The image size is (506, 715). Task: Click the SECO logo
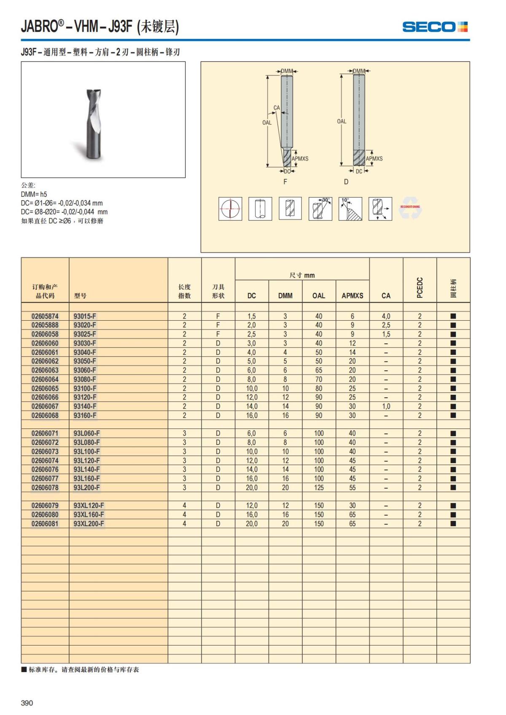(435, 27)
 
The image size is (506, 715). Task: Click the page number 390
(27, 703)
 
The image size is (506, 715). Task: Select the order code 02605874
(45, 316)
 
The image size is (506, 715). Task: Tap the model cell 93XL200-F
(89, 524)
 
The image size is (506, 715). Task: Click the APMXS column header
(352, 296)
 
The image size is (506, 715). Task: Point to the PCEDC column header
(420, 287)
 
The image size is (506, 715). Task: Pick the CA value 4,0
(386, 316)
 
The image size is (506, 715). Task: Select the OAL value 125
(319, 487)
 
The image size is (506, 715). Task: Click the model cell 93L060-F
(86, 433)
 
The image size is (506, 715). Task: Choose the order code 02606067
(45, 406)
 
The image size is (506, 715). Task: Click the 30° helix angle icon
(320, 209)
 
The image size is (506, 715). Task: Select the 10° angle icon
(350, 209)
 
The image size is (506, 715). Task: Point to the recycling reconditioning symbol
(410, 208)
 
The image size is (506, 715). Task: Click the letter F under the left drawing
(285, 182)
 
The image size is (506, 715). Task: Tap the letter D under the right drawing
(346, 182)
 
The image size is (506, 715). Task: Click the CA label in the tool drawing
(277, 108)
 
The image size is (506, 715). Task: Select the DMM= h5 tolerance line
(34, 194)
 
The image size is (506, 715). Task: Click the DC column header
(252, 296)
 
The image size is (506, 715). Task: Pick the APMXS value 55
(352, 487)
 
